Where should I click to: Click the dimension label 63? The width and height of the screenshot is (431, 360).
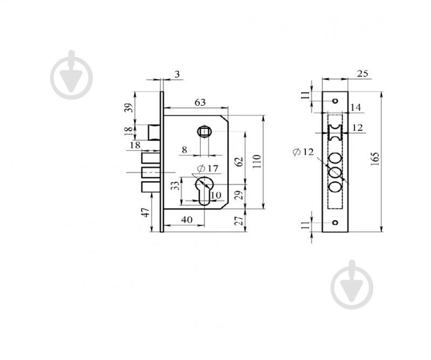200,102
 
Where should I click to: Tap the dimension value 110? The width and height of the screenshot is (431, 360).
257,162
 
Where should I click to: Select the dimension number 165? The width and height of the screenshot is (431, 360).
375,159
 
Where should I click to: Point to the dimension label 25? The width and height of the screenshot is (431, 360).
362,74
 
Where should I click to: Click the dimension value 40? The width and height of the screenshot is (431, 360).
187,220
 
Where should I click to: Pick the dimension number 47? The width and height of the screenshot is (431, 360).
146,212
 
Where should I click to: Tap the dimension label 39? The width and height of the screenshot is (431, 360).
129,107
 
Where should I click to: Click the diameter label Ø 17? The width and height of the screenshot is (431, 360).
208,168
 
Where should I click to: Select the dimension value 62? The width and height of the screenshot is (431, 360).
240,162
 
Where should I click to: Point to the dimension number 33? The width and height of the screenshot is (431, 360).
175,185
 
